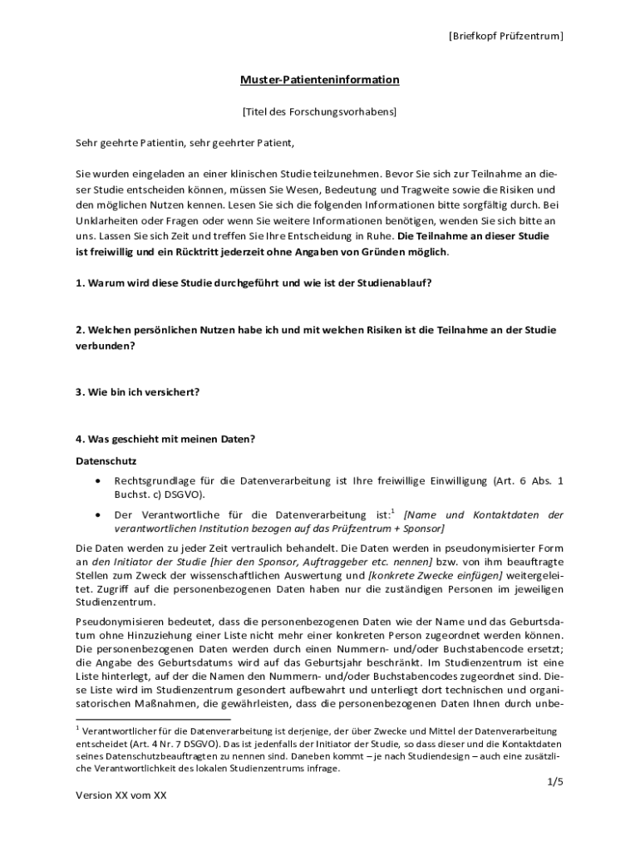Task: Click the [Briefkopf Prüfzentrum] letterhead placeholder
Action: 506,36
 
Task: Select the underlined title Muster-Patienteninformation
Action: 320,80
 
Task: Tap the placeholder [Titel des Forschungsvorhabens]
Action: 319,111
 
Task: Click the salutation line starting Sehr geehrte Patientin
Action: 185,142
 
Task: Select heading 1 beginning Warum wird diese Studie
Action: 254,283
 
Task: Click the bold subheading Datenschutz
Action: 106,460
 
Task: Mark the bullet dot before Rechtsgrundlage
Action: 100,481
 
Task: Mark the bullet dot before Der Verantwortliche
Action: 100,515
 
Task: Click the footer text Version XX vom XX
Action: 121,794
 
